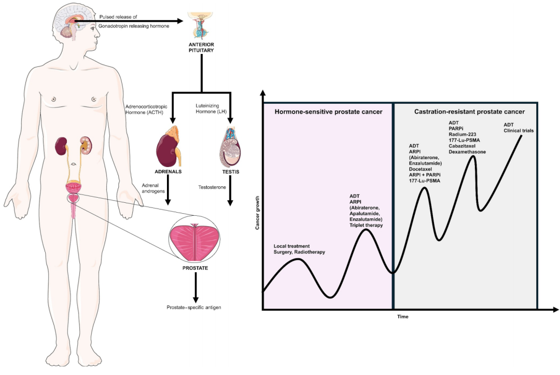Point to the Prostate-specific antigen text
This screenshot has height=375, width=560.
[x=195, y=308]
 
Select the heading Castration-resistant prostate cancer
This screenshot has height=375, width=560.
[x=469, y=112]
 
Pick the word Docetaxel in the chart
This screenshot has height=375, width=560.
[x=422, y=169]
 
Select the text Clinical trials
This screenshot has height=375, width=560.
[x=519, y=130]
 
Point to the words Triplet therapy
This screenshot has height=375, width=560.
[x=366, y=225]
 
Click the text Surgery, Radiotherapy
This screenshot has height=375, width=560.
[x=300, y=252]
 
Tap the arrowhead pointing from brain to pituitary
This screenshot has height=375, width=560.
[x=180, y=21]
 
